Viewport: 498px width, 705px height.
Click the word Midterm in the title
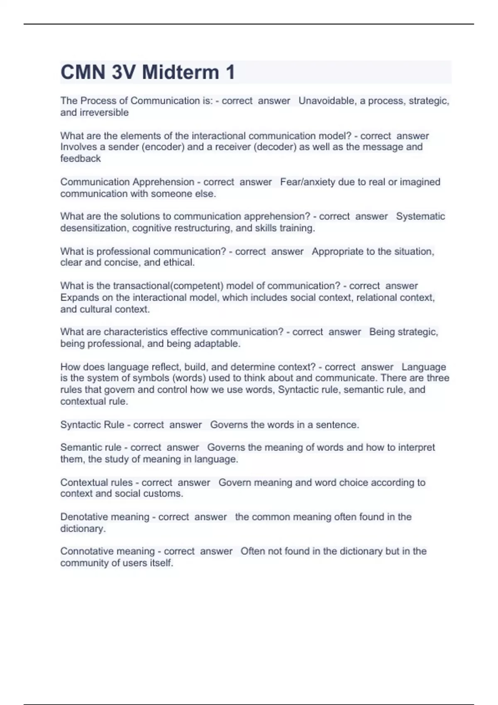point(181,72)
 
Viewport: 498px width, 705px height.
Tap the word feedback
point(81,158)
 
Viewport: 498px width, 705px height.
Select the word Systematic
point(420,216)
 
